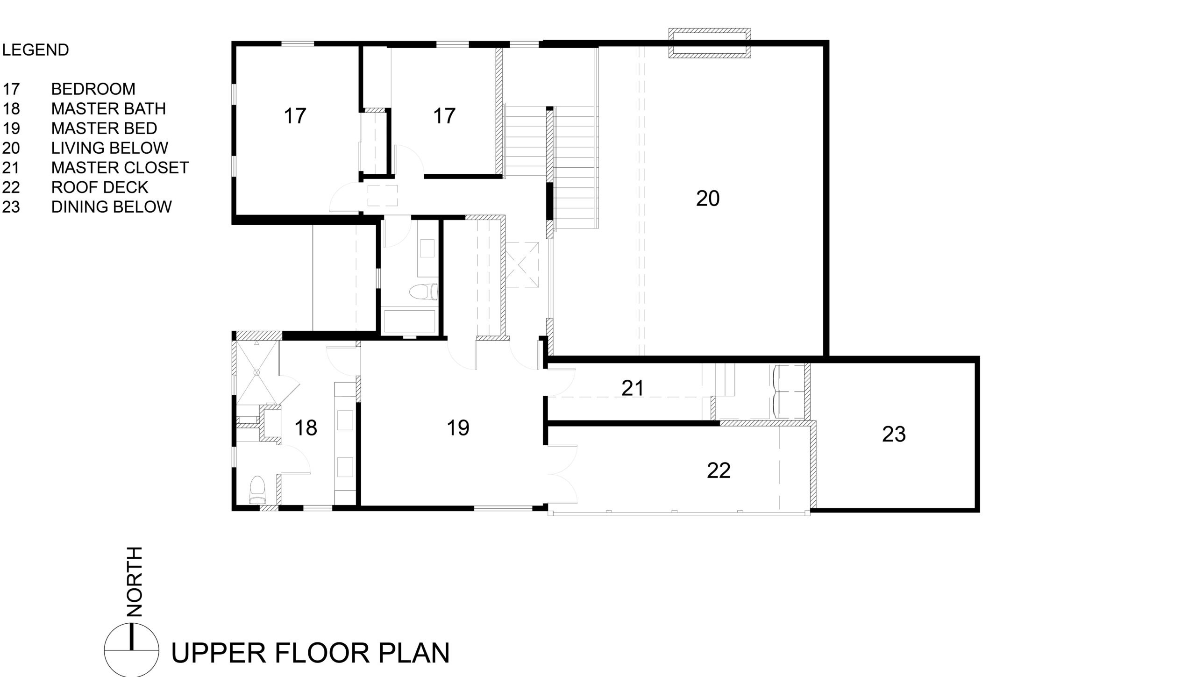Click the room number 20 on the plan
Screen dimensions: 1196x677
708,199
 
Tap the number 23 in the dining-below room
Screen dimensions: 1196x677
894,435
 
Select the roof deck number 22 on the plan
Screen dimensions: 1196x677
719,470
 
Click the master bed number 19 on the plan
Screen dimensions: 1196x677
458,428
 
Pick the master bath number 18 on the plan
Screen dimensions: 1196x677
306,428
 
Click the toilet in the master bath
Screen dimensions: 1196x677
257,490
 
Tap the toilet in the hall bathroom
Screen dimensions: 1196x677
423,292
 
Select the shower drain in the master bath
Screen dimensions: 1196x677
256,372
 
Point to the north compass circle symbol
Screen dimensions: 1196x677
132,650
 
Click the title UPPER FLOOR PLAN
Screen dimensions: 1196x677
310,653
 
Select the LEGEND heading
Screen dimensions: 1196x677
36,50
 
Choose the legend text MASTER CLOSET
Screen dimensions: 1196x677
120,168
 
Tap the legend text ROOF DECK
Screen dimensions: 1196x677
100,187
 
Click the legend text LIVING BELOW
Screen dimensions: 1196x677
109,148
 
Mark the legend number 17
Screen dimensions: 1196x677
11,89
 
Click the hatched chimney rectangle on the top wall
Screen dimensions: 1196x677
710,43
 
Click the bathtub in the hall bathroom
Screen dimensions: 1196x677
409,321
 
